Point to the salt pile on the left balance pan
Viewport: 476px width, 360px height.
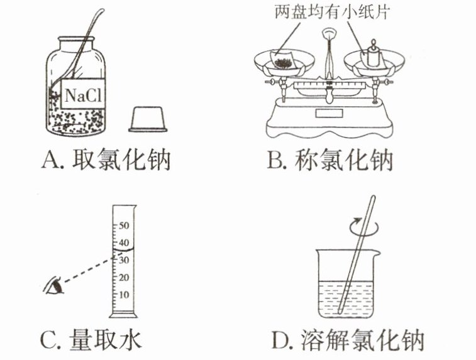[285, 62]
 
